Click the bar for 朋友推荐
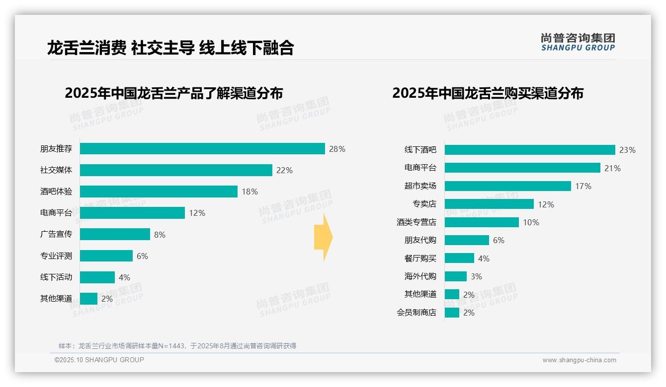click(202, 149)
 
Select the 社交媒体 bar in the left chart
click(176, 170)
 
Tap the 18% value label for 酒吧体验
click(250, 192)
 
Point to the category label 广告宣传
click(56, 234)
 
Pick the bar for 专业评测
click(106, 256)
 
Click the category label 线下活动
click(56, 277)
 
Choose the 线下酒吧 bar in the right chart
click(530, 150)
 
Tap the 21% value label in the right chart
click(612, 168)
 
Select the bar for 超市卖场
click(507, 186)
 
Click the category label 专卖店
click(424, 204)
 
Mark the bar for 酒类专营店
click(482, 222)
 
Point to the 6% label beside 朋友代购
click(499, 240)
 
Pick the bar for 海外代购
click(456, 276)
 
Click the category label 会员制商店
click(416, 313)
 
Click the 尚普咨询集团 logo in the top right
click(578, 42)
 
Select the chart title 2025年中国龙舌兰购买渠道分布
click(488, 93)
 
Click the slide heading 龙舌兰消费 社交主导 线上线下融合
click(170, 48)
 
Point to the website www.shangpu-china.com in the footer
click(579, 360)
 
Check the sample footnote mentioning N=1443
click(177, 346)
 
